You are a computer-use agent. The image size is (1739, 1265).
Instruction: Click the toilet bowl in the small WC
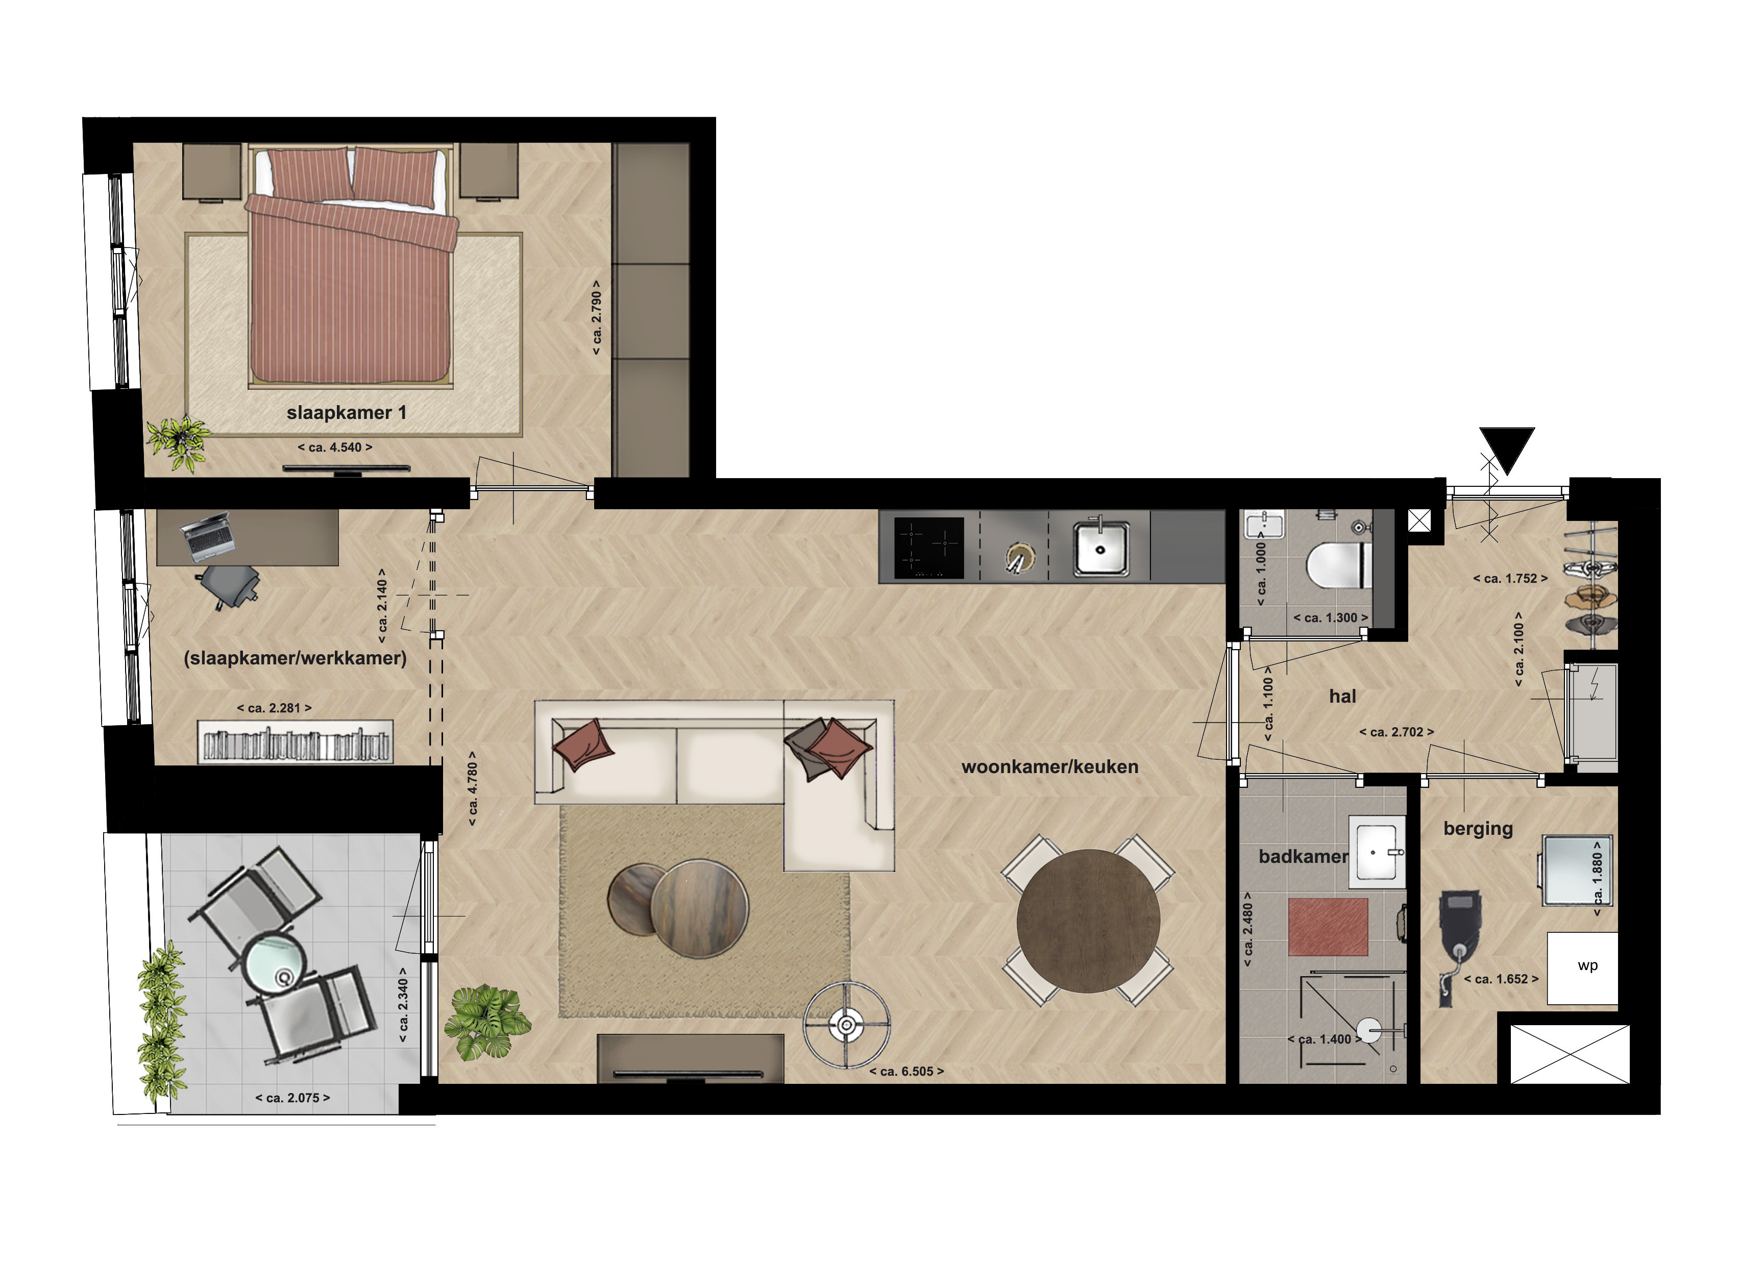click(1337, 566)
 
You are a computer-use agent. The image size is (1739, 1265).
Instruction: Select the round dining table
click(1088, 920)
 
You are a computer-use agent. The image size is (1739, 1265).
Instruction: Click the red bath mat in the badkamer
click(1328, 927)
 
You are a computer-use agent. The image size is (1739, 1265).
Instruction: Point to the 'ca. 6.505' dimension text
click(907, 1072)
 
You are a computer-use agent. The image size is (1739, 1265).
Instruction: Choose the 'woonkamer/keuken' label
click(1050, 766)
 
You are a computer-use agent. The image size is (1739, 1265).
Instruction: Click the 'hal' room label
click(1342, 696)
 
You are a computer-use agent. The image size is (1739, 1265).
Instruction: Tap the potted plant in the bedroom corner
click(178, 441)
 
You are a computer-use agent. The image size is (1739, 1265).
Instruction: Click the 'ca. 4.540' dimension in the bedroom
click(335, 448)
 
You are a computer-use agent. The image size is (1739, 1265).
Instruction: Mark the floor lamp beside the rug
click(846, 1025)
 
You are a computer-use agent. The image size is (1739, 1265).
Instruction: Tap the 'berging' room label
click(1478, 829)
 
